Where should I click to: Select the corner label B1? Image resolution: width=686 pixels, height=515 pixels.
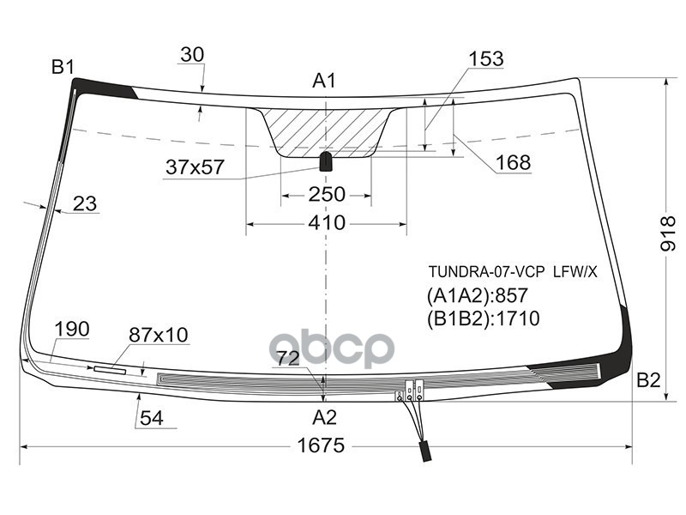coord(63,66)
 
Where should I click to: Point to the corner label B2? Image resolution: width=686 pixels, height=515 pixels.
coord(648,380)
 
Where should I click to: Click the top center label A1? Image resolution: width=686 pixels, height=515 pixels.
coord(323,82)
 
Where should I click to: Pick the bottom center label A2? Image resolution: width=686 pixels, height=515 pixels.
coord(323,418)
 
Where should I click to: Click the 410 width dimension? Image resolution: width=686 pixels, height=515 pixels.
coord(326,223)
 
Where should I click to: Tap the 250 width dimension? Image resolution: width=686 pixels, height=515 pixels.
coord(326,195)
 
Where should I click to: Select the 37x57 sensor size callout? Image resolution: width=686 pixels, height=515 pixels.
coord(195,167)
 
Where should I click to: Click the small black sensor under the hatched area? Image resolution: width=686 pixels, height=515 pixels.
coord(326,161)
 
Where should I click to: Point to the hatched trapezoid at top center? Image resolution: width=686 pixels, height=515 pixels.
coord(326,129)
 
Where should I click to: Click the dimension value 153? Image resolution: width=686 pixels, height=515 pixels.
coord(485,59)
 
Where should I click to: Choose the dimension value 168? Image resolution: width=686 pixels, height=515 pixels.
coord(513,162)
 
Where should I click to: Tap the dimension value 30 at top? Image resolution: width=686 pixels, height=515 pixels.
coord(192,55)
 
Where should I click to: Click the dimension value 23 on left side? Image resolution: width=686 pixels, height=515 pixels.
coord(84,203)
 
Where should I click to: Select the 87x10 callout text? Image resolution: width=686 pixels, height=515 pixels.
coord(159,335)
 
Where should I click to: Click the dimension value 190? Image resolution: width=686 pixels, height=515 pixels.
coord(71,329)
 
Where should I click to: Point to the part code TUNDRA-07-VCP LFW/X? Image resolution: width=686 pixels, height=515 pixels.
coord(512,271)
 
